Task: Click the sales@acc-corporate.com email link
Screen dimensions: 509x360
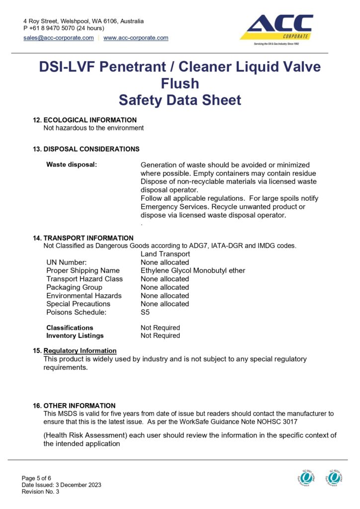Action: tap(58, 38)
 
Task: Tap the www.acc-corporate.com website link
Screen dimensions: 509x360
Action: tap(136, 38)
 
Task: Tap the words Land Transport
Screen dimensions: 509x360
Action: tap(165, 254)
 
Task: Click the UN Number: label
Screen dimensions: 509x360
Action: tap(67, 262)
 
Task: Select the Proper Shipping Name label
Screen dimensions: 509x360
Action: tap(83, 270)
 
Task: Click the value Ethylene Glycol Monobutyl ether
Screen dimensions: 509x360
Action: tap(193, 270)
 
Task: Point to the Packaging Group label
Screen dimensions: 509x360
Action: tap(74, 287)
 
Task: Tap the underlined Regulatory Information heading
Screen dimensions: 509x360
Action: tap(80, 350)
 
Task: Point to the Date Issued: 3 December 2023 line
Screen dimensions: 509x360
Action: tap(61, 485)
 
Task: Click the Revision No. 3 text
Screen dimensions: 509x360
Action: tap(40, 492)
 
